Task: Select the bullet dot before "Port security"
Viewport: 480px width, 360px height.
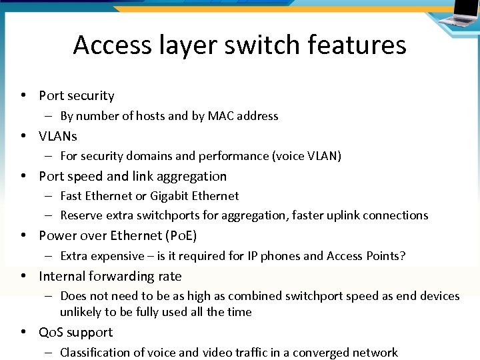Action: [23, 96]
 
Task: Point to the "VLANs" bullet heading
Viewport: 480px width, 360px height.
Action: [58, 136]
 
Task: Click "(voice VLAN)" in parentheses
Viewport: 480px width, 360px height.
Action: [307, 156]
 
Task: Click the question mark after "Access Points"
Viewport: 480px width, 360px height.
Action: [403, 256]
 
